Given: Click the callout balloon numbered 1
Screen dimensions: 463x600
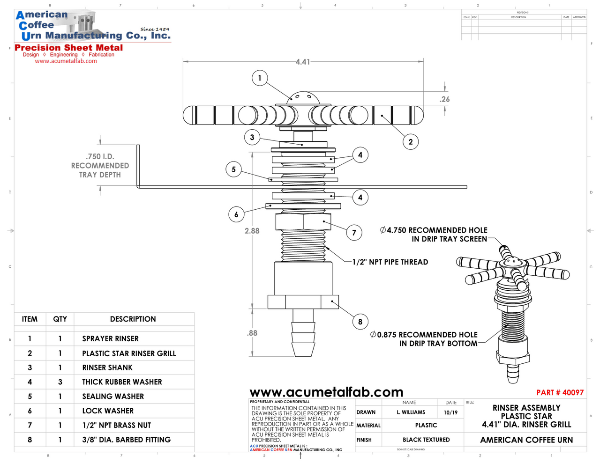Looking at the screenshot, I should coord(260,78).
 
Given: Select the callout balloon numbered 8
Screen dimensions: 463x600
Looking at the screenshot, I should coord(360,322).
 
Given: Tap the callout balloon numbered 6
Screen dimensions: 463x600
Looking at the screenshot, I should coord(236,214).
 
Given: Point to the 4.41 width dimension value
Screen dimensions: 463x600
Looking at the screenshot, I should coord(303,62).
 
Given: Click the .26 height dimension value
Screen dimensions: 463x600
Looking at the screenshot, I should coord(444,99).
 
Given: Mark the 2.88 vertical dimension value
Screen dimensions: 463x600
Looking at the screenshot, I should coord(252,231).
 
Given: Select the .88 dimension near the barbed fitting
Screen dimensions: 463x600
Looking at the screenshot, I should coord(252,333).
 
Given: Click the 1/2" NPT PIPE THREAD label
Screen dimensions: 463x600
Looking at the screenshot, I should coord(390,262).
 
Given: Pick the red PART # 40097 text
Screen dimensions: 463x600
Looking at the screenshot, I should coord(560,392).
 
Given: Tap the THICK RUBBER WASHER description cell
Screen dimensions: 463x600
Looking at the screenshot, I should coord(122,382).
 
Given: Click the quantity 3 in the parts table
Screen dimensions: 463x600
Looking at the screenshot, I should coord(60,382).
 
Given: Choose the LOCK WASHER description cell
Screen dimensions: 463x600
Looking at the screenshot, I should coord(108,411).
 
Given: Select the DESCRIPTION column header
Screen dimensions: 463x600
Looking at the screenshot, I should coord(133,319).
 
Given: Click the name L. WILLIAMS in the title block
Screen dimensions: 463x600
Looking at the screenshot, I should coord(411,412).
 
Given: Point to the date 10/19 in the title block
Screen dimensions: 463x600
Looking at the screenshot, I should coord(450,412).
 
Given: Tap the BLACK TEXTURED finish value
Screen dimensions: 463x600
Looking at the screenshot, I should coord(426,440).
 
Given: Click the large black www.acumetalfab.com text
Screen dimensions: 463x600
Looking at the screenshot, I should coord(326,392).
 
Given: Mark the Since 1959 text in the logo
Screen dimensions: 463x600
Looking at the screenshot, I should coord(155,29).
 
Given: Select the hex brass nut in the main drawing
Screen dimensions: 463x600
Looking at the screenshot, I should coord(303,221).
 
